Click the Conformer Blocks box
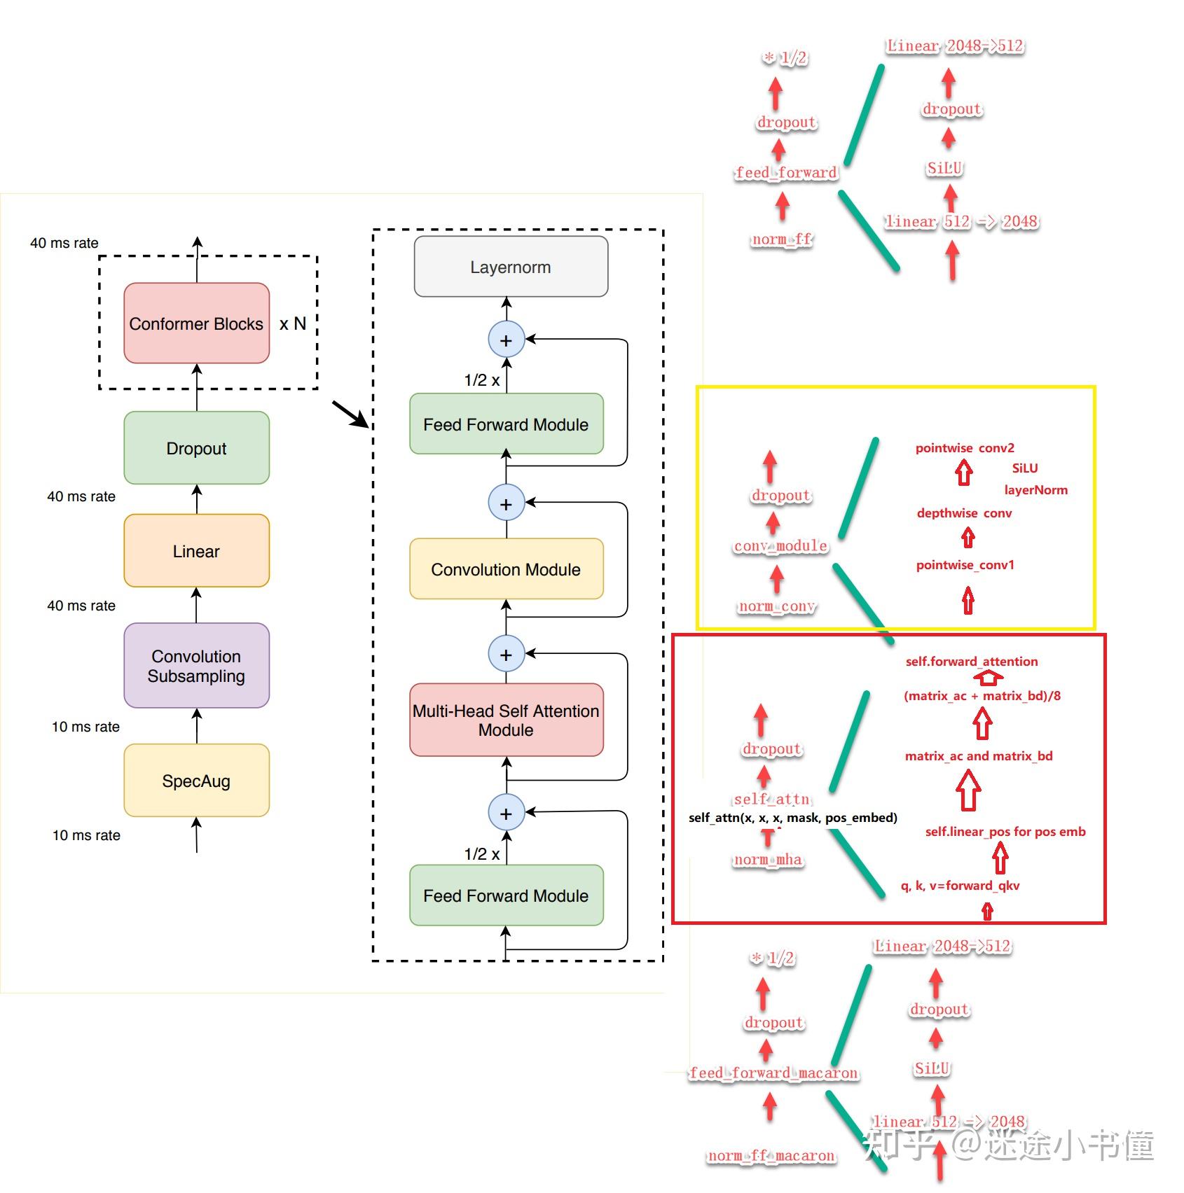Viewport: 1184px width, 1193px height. [x=196, y=323]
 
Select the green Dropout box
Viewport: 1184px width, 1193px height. [x=196, y=448]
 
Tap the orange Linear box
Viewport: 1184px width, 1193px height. [x=196, y=551]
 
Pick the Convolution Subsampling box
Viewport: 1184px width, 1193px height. [x=196, y=666]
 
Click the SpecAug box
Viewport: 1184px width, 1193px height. [x=196, y=781]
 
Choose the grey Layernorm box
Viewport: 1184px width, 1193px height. [x=511, y=267]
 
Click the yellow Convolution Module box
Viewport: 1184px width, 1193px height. [x=506, y=569]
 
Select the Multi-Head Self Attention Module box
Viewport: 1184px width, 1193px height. [x=506, y=720]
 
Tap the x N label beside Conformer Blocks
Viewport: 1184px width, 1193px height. [x=293, y=324]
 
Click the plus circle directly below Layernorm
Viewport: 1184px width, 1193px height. [x=506, y=340]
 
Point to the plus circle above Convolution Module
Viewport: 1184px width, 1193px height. [x=506, y=503]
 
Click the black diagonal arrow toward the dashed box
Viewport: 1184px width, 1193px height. [x=350, y=414]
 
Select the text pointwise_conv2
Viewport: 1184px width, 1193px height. [x=965, y=448]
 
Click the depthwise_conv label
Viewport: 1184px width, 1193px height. [x=964, y=513]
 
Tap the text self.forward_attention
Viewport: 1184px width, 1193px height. [x=971, y=662]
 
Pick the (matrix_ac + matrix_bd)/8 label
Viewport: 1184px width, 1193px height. [x=982, y=696]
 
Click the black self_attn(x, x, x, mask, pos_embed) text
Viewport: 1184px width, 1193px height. [x=792, y=818]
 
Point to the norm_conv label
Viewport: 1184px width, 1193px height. [x=777, y=606]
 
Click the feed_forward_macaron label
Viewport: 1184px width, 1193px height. [x=773, y=1073]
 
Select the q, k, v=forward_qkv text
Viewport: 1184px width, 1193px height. [x=960, y=886]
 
